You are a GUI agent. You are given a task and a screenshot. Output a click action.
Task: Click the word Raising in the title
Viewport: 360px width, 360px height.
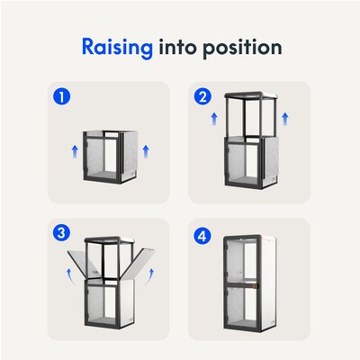coord(117,48)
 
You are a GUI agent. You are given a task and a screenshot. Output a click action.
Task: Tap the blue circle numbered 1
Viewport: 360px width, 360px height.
coord(62,97)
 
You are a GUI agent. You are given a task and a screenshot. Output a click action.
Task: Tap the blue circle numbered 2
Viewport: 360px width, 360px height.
coord(202,97)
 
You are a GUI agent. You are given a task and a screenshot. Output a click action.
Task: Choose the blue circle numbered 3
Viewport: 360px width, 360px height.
coord(61,233)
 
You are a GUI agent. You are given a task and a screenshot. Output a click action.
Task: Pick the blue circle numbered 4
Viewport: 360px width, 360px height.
coord(202,236)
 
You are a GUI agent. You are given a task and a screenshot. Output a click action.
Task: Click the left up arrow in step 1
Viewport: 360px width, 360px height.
coord(75,151)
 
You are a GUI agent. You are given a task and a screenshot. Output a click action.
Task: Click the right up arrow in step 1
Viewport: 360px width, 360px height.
coord(146,151)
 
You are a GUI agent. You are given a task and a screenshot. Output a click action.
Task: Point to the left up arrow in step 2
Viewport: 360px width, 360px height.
coord(214,119)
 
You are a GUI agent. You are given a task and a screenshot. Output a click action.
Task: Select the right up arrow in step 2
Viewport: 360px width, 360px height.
coord(285,119)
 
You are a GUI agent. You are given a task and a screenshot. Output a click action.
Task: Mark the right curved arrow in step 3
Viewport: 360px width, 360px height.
coord(148,276)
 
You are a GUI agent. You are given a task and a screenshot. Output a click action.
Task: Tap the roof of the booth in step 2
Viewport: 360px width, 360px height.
coord(251,95)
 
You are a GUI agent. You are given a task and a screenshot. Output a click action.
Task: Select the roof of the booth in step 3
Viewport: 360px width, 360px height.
coord(110,239)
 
